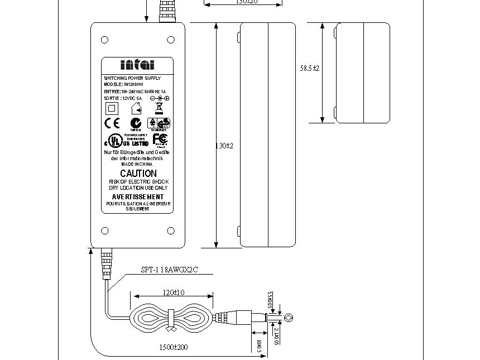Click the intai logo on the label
tap(137, 65)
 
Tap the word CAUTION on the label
tap(138, 174)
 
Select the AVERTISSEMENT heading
tap(138, 197)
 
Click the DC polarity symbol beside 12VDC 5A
tap(159, 98)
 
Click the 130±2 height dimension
tap(224, 146)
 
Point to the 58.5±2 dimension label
tap(310, 68)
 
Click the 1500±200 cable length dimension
tap(174, 347)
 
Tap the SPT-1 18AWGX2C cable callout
tap(169, 270)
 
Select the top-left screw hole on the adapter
tap(104, 40)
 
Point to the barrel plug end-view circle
tap(288, 318)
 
